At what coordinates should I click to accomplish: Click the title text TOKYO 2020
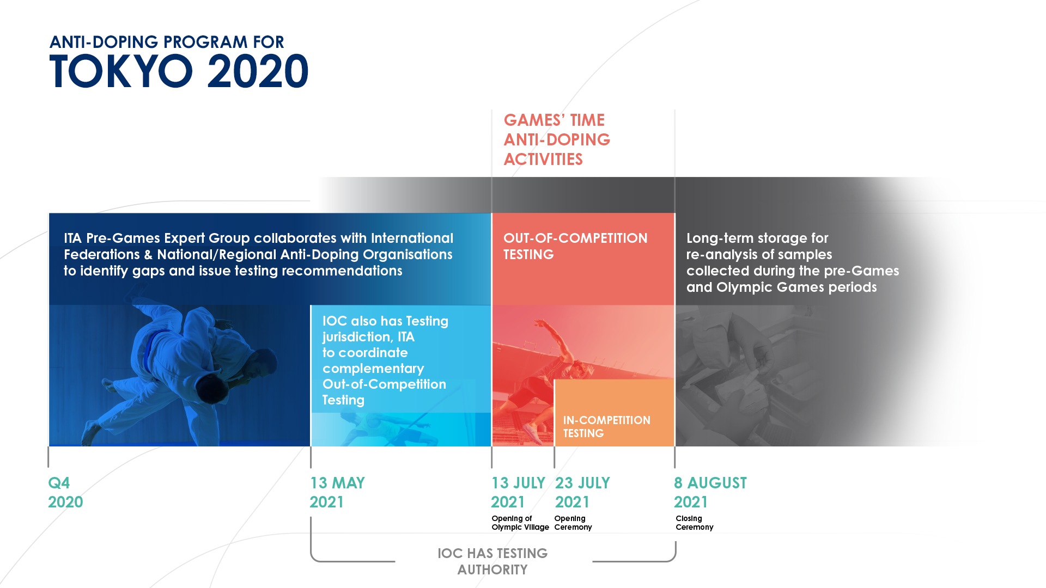[179, 71]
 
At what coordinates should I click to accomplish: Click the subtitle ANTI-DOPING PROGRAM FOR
[167, 42]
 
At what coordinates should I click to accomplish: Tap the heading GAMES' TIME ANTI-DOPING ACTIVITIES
[556, 139]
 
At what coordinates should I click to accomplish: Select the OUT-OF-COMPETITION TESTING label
[575, 246]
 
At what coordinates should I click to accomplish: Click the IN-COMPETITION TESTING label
[606, 426]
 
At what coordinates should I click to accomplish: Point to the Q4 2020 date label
[65, 492]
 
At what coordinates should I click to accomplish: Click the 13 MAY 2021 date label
[337, 492]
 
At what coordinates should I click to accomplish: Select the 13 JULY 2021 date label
[518, 492]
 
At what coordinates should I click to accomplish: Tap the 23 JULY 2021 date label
[582, 492]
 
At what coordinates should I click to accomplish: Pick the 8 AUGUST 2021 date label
[710, 492]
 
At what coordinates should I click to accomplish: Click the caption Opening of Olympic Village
[520, 523]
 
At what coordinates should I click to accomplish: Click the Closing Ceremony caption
[694, 523]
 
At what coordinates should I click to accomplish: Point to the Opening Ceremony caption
[573, 523]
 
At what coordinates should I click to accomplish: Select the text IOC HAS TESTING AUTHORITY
[492, 561]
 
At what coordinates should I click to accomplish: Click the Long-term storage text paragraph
[792, 262]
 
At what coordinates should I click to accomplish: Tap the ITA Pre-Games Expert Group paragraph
[258, 254]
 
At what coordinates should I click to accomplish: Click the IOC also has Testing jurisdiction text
[385, 360]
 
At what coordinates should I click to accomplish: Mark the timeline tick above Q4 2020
[48, 457]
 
